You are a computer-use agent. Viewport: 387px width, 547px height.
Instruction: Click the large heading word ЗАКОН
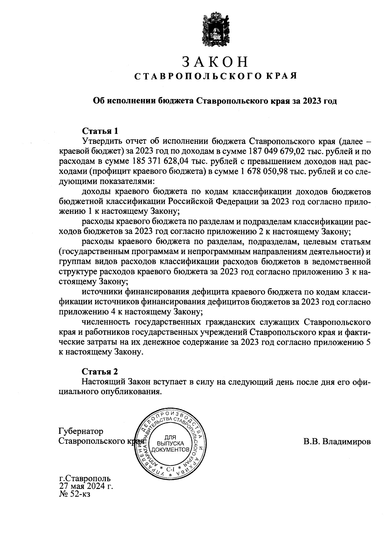pos(215,62)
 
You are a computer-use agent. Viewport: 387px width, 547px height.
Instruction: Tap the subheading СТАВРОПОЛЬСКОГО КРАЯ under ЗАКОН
pos(215,76)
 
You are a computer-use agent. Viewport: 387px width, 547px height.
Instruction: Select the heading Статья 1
pos(100,131)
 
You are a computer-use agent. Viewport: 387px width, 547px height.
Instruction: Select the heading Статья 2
pos(100,372)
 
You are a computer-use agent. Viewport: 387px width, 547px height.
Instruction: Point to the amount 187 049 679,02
pos(277,151)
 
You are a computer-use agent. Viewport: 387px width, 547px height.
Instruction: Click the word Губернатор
pos(81,431)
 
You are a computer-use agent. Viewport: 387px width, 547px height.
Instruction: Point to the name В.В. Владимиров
pos(337,442)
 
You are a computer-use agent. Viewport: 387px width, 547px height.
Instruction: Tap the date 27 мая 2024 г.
pos(86,486)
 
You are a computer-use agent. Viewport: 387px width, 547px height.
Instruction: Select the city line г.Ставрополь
pos(84,478)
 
